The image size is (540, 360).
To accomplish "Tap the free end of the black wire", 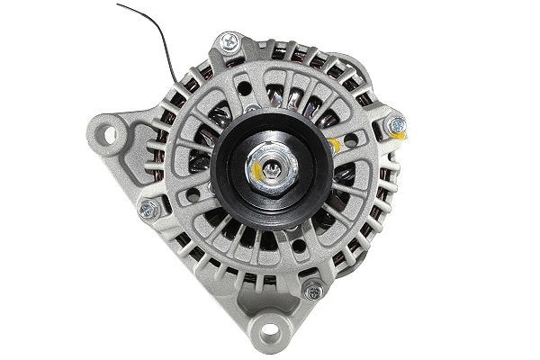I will click(x=118, y=4).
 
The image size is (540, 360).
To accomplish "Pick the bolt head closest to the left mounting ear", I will click(x=148, y=209).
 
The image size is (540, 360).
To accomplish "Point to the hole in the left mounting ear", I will click(x=111, y=135).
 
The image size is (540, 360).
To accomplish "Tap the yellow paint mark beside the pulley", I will click(x=335, y=144).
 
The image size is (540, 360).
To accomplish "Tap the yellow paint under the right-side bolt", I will click(x=396, y=136).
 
